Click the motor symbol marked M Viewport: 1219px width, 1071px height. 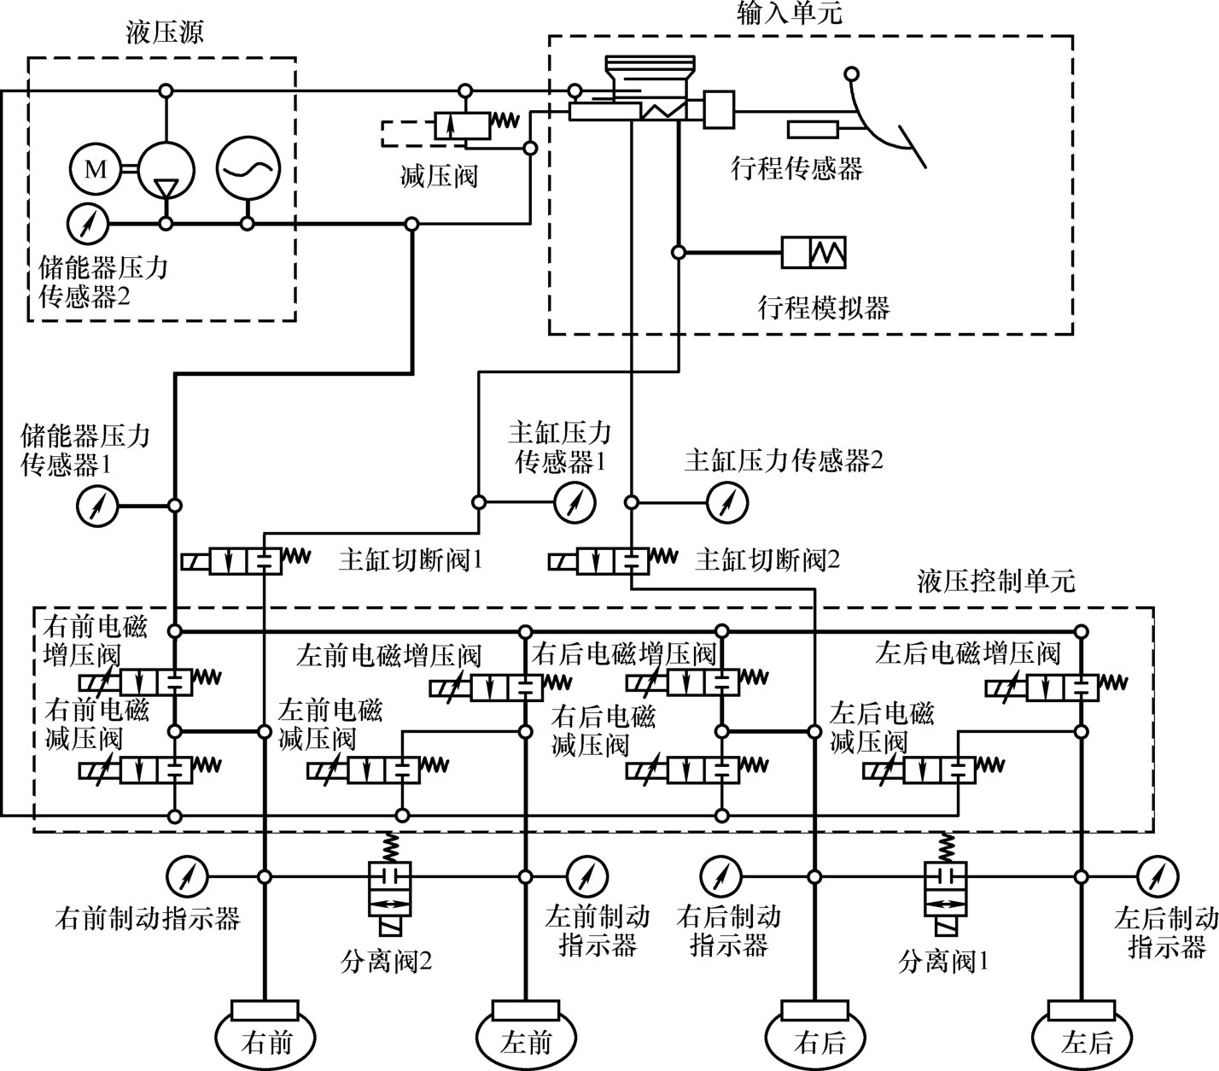tap(96, 169)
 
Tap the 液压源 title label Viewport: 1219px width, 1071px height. tap(164, 35)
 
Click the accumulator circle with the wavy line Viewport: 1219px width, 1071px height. tap(248, 167)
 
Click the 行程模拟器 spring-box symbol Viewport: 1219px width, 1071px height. tap(814, 252)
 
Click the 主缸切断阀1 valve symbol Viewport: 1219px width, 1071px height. tap(244, 562)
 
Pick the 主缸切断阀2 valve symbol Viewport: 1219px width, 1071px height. tap(610, 561)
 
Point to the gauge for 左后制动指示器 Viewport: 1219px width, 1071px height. tap(1158, 876)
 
